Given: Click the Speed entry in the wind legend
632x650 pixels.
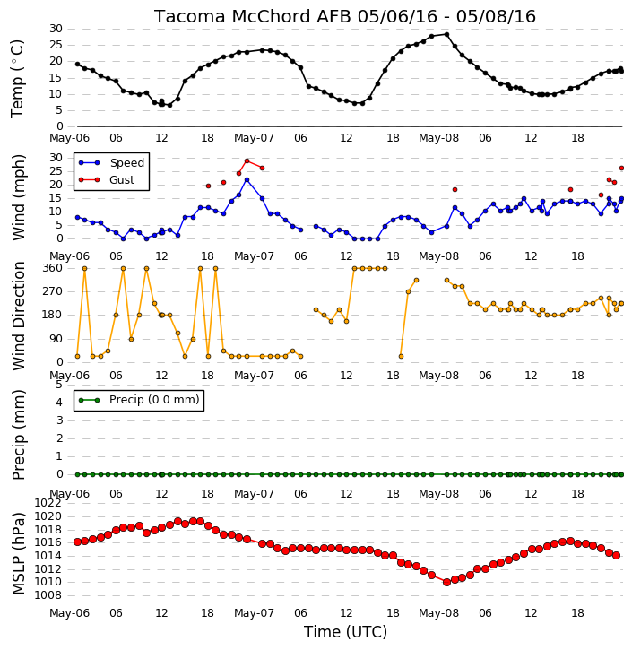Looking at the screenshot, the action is tap(111, 163).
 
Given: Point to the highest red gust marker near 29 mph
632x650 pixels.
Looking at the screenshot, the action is tap(247, 160).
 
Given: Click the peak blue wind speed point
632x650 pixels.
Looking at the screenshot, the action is tap(247, 180).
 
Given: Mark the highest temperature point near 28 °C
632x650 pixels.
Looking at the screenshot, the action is tap(446, 34).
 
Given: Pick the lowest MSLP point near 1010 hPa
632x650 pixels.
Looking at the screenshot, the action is tap(446, 583).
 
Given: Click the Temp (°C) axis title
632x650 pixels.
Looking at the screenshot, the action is tap(18, 79).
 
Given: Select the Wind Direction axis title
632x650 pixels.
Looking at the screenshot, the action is tap(19, 316).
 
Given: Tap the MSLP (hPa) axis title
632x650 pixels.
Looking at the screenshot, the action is tap(19, 554).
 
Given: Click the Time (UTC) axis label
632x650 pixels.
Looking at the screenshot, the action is tap(345, 632).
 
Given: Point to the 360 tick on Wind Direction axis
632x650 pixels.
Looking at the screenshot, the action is tap(53, 268).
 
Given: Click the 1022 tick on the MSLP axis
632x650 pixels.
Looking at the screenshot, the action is tap(48, 503).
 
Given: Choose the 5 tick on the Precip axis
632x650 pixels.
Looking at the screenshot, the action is tap(59, 386).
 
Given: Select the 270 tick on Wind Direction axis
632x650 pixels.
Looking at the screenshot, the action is tap(53, 291).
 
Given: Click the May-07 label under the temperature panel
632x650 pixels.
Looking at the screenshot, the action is tap(254, 138).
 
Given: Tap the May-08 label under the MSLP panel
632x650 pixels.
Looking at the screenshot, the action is tap(439, 613).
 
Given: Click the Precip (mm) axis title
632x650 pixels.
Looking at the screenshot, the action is tap(19, 435).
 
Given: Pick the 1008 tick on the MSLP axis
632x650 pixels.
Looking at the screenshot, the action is tap(48, 595).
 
